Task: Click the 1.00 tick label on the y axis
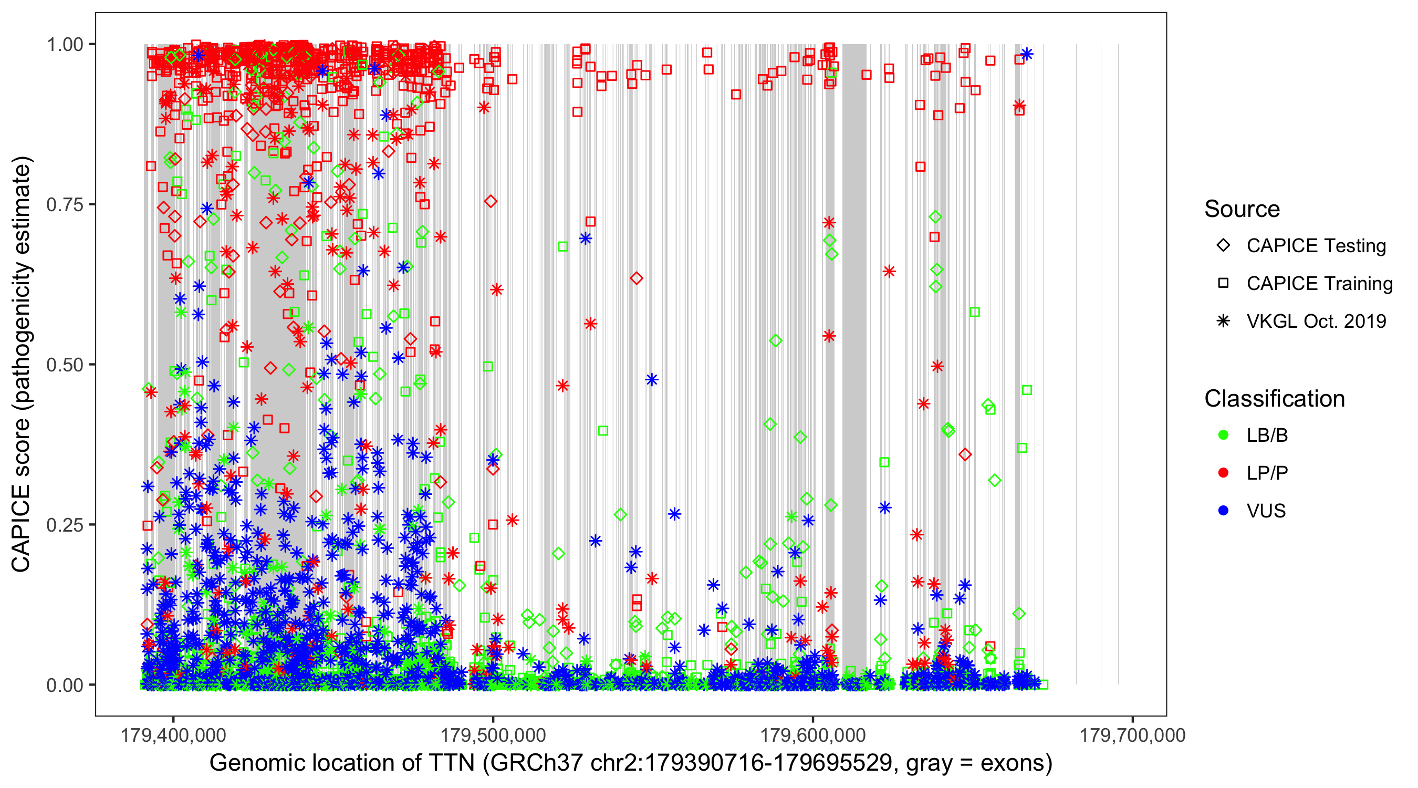65,45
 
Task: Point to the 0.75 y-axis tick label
65,205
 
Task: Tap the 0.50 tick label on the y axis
65,365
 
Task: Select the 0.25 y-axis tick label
65,525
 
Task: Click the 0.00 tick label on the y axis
65,685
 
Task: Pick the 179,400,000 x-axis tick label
173,735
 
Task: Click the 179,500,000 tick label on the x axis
493,735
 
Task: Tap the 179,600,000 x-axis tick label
813,735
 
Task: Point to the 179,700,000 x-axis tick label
1132,735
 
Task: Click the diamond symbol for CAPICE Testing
1223,246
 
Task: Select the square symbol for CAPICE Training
1223,284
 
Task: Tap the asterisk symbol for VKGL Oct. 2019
1223,321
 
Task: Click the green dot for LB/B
1223,435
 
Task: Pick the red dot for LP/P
1223,473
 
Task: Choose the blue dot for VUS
1223,511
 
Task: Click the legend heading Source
1242,209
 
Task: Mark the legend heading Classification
1274,399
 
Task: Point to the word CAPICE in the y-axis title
21,528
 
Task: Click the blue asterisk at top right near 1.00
1027,54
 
